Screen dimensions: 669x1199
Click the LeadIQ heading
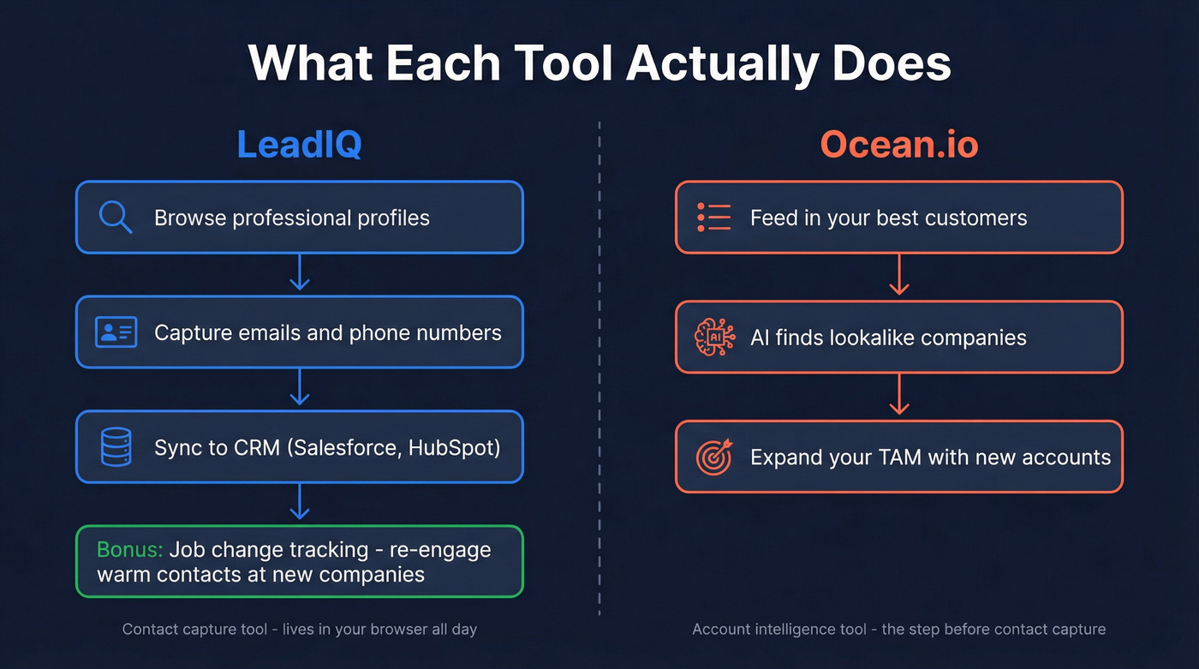299,144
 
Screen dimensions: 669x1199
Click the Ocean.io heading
898,144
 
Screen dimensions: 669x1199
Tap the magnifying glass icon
116,217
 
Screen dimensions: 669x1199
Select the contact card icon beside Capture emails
116,332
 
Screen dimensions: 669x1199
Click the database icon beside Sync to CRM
116,447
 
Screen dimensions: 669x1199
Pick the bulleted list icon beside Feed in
714,218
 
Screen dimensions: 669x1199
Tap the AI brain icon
714,337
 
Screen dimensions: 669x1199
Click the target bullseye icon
714,457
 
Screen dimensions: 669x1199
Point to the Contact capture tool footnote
299,630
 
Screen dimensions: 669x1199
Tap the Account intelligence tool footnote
898,630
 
